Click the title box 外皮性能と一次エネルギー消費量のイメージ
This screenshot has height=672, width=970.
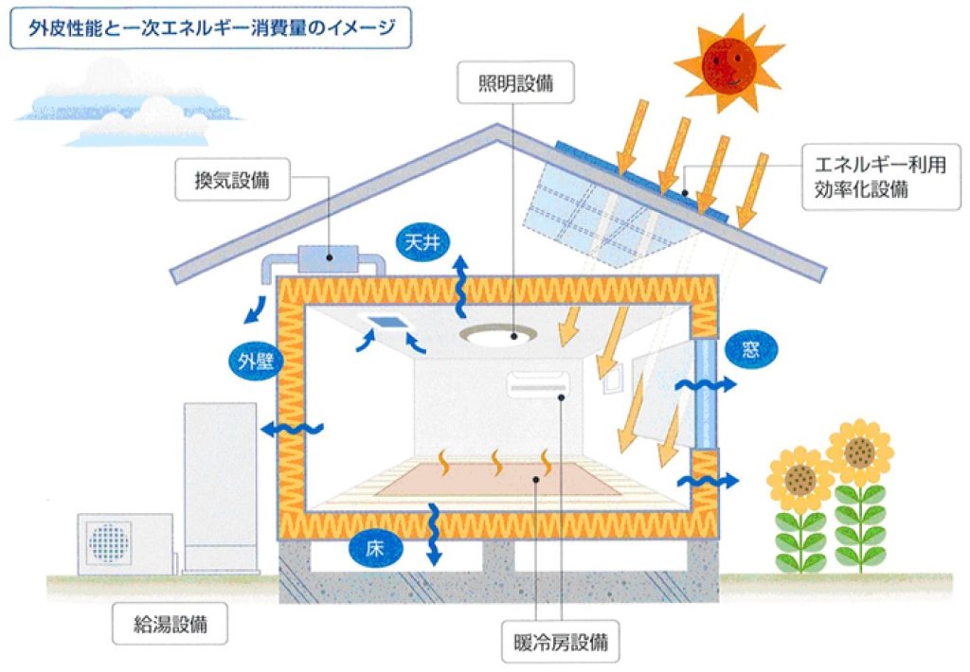[210, 29]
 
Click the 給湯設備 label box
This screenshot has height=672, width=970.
[171, 625]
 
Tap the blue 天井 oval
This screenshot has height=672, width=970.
[422, 243]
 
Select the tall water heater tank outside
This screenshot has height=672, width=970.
[220, 483]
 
